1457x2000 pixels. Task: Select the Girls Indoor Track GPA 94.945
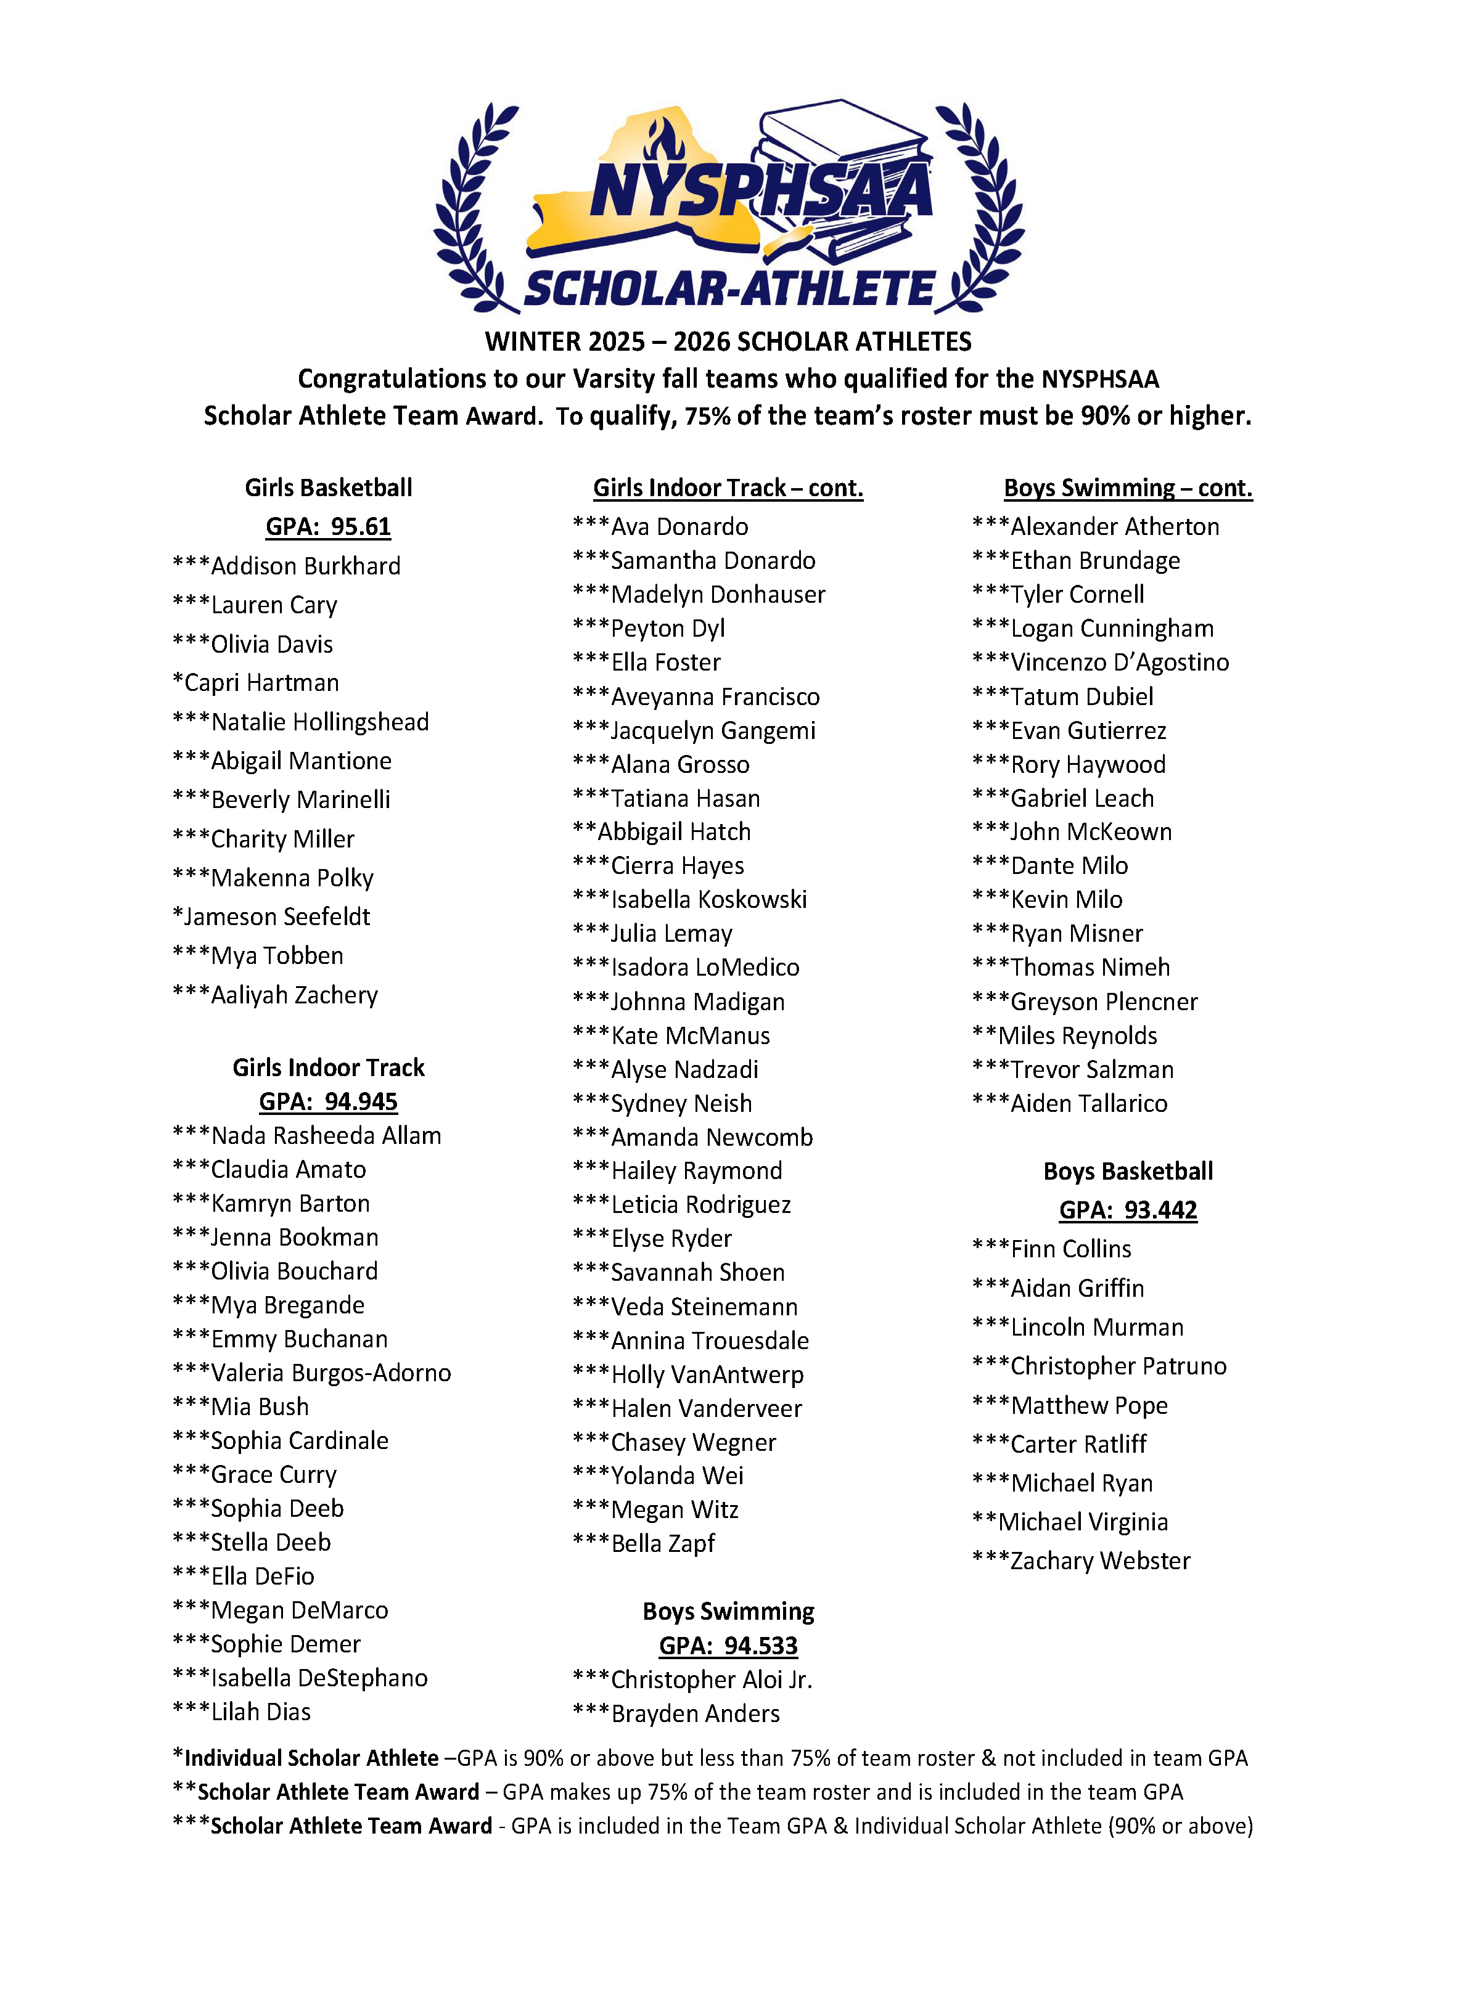pyautogui.click(x=328, y=1101)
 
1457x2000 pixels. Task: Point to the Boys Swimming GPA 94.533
pyautogui.click(x=729, y=1646)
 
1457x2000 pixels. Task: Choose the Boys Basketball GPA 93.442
pyautogui.click(x=1128, y=1210)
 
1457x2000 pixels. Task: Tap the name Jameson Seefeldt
pyautogui.click(x=276, y=916)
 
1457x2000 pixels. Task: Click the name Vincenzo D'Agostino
pyautogui.click(x=1119, y=663)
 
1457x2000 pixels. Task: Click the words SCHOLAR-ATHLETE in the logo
pyautogui.click(x=729, y=289)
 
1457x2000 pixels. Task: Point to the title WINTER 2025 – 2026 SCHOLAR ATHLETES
pyautogui.click(x=729, y=341)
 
